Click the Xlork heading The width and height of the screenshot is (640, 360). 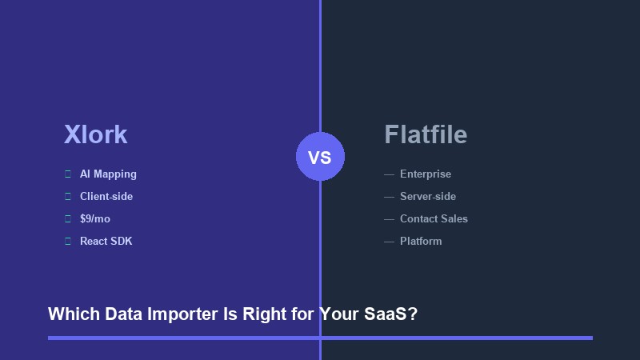pyautogui.click(x=95, y=134)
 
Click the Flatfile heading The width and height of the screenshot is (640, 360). pyautogui.click(x=426, y=134)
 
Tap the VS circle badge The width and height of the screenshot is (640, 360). pyautogui.click(x=320, y=157)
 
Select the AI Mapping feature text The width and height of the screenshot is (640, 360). pyautogui.click(x=108, y=174)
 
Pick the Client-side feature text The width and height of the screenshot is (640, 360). pyautogui.click(x=106, y=197)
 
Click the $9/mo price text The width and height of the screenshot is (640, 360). pyautogui.click(x=95, y=219)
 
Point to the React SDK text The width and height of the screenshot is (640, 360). pyautogui.click(x=106, y=242)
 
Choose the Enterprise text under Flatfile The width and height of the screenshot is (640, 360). pyautogui.click(x=426, y=174)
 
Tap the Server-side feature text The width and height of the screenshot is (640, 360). pyautogui.click(x=428, y=197)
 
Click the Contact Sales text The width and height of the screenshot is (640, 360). pyautogui.click(x=434, y=219)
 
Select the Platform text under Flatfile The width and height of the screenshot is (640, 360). pyautogui.click(x=421, y=242)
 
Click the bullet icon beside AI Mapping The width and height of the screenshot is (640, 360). pyautogui.click(x=68, y=174)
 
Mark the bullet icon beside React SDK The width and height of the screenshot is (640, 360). pyautogui.click(x=68, y=242)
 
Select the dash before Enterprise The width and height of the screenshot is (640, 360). pyautogui.click(x=389, y=174)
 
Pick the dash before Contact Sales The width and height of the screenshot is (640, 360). pyautogui.click(x=389, y=219)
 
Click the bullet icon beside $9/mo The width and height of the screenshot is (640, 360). pyautogui.click(x=68, y=219)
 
